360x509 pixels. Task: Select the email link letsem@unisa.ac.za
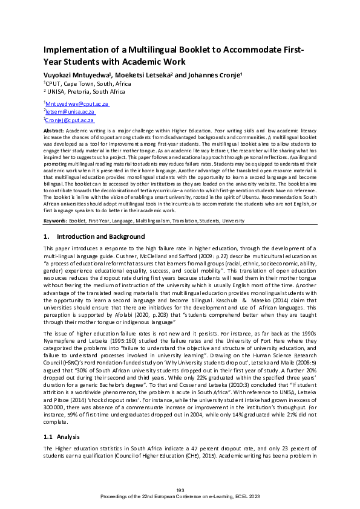tap(70, 112)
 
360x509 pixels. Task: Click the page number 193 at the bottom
tap(180, 490)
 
